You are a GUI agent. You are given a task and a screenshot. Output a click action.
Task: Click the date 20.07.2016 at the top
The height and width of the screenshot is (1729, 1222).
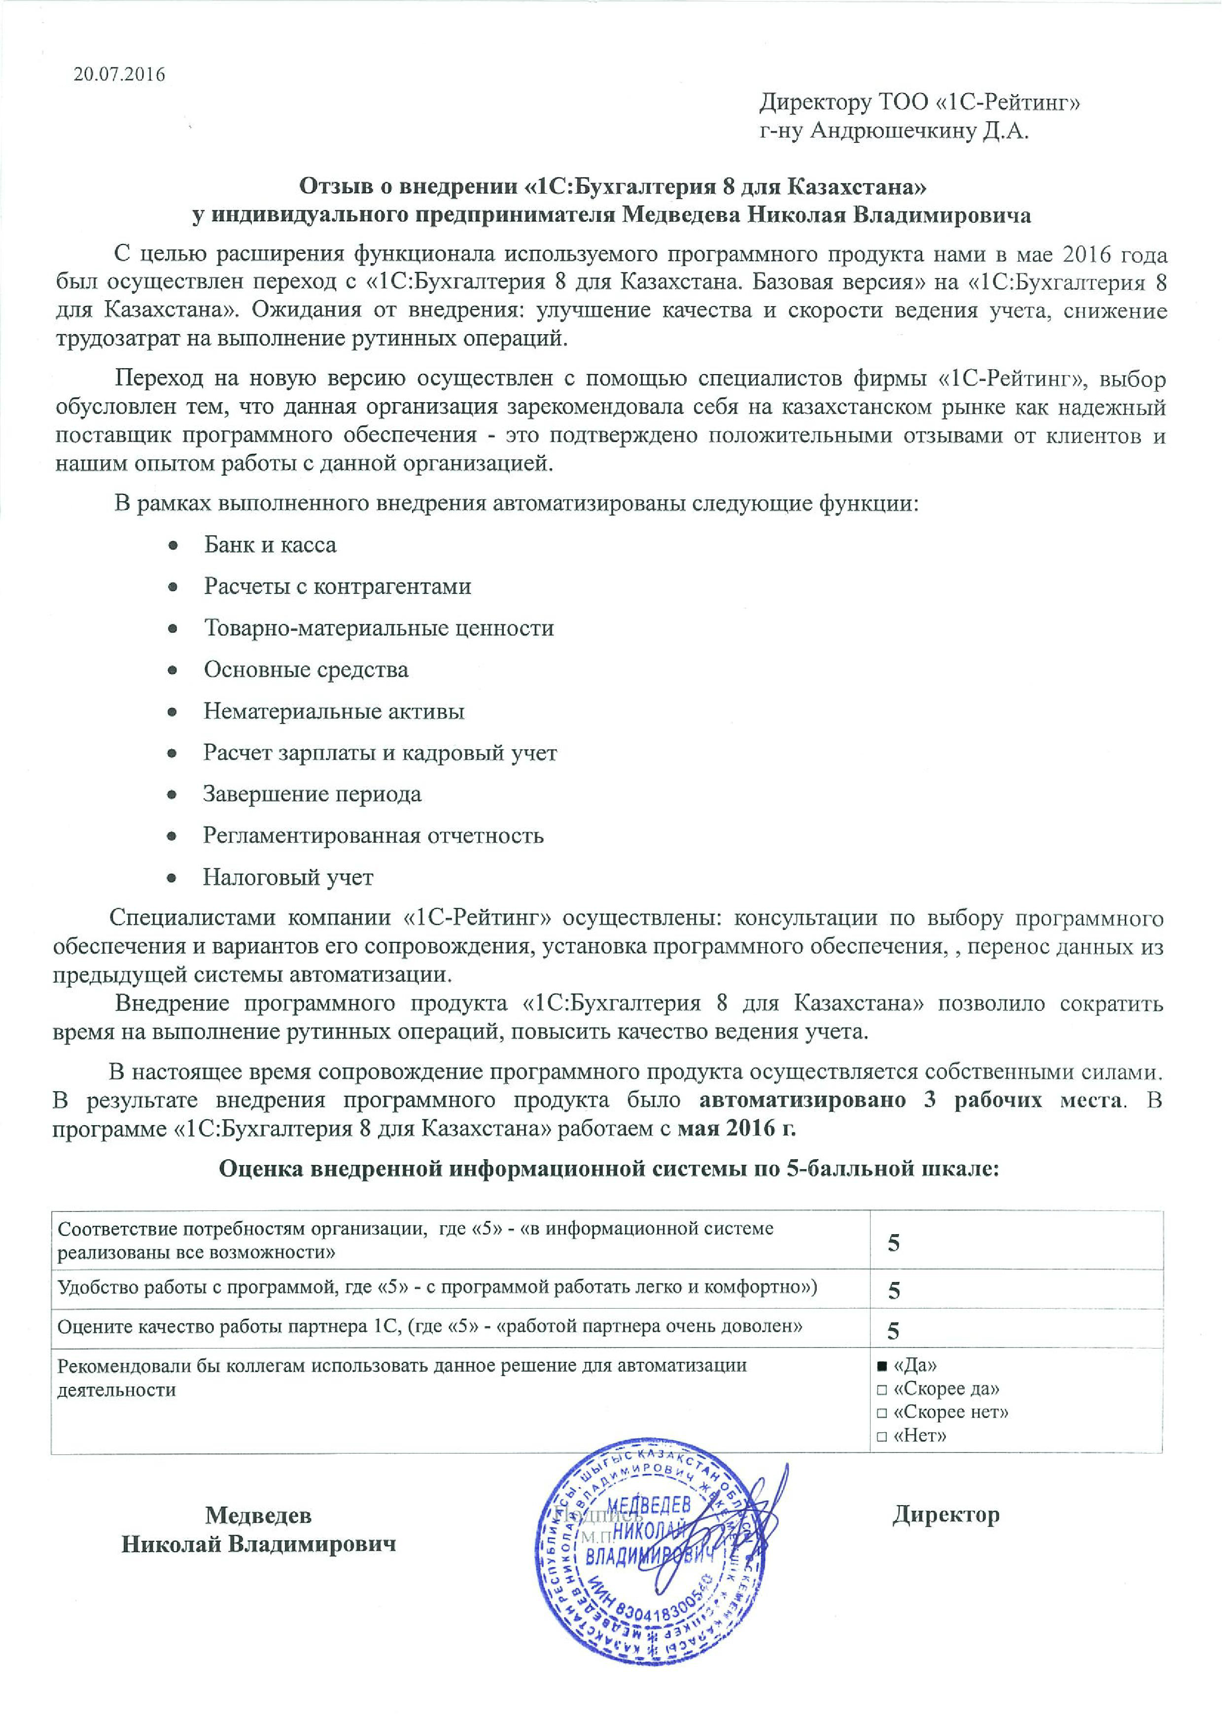(119, 74)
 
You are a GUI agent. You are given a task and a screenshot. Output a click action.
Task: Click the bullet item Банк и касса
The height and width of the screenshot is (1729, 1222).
(270, 545)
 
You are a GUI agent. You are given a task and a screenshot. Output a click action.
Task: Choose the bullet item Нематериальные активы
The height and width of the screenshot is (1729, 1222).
(334, 711)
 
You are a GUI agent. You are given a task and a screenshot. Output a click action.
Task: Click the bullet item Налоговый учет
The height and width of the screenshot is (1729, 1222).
(287, 877)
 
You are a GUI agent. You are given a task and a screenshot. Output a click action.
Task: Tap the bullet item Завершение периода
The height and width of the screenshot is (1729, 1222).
(312, 794)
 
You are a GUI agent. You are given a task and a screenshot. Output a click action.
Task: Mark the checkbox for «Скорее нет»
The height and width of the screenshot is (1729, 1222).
(882, 1413)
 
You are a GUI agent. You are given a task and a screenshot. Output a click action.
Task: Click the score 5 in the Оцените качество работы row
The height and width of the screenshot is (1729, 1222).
(894, 1331)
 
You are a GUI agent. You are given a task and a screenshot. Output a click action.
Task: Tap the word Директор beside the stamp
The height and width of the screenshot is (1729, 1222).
(945, 1515)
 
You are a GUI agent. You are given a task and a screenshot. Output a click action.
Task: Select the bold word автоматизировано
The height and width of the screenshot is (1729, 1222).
(803, 1100)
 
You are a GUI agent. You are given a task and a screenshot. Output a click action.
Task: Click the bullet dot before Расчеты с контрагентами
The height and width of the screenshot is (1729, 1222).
(173, 587)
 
